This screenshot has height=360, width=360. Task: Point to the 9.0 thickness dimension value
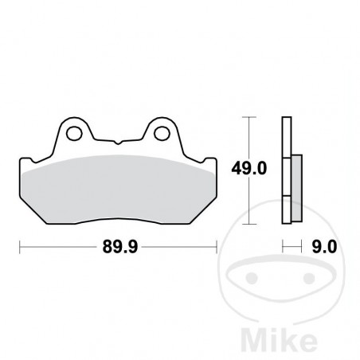point(322,248)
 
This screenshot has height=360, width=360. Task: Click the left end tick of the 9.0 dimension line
point(282,248)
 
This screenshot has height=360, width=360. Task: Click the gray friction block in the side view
point(295,186)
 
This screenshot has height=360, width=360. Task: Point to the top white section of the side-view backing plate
point(286,135)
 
